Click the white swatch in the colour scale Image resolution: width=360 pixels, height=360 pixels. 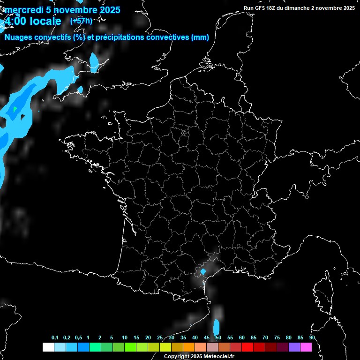click(48, 347)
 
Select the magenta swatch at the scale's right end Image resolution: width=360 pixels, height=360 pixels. click(306, 347)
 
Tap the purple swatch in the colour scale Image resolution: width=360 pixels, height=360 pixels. click(294, 347)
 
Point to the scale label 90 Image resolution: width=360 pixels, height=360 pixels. click(312, 337)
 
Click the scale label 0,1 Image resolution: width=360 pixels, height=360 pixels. click(54, 337)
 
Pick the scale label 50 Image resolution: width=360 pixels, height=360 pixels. click(218, 337)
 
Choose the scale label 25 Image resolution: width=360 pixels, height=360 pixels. click(160, 337)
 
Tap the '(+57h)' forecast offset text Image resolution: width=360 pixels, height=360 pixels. click(81, 21)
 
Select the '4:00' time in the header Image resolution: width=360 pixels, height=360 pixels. click(14, 21)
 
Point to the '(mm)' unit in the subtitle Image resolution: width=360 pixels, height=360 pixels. click(200, 37)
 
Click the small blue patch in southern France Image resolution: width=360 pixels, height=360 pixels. click(203, 271)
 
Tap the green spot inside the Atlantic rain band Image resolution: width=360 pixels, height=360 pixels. click(15, 109)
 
